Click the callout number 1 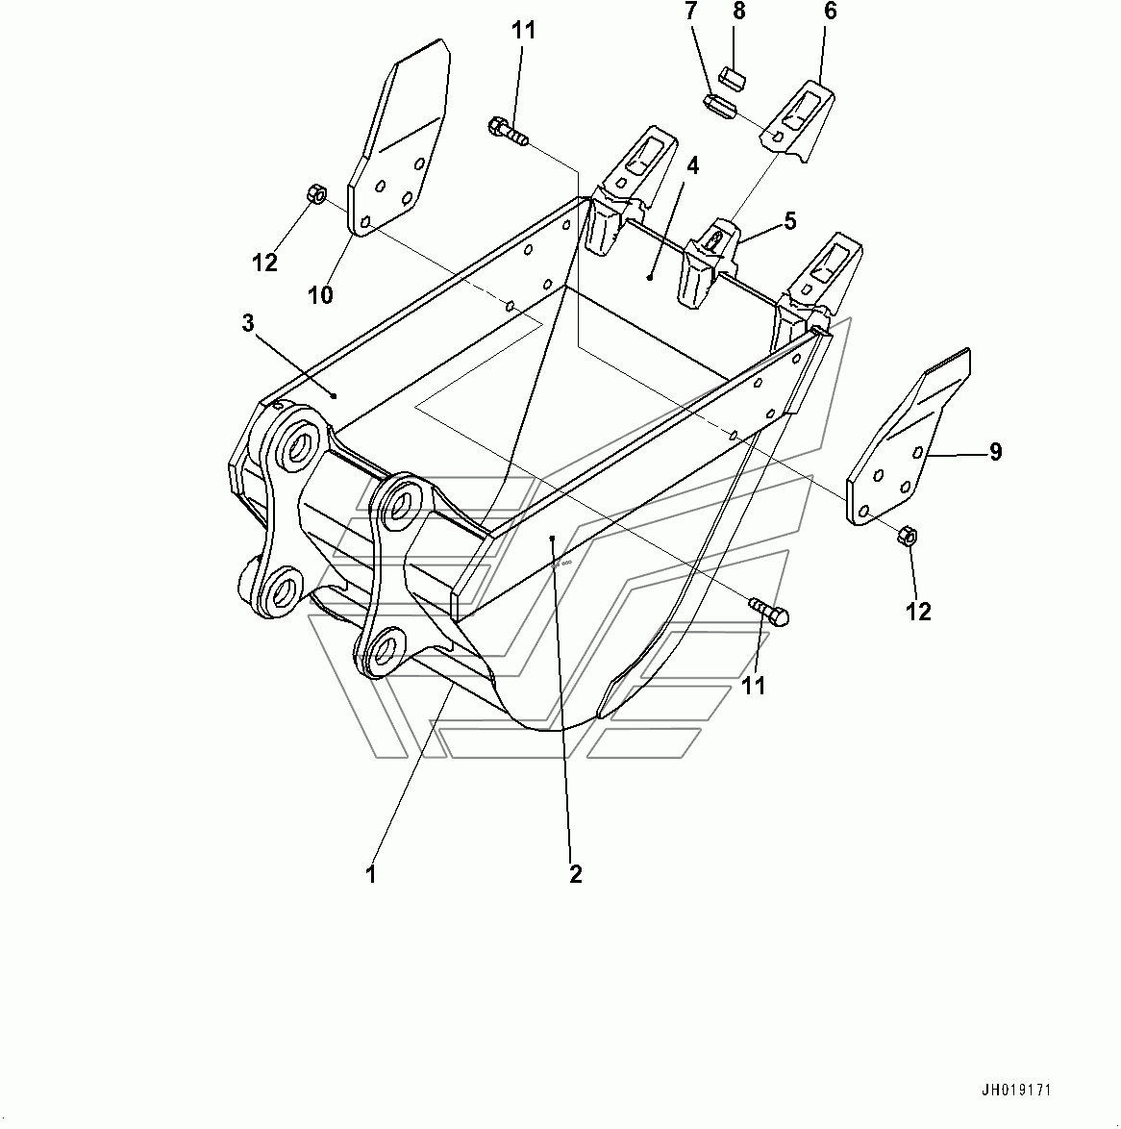coord(371,875)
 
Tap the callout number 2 coord(575,874)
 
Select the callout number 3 coord(248,323)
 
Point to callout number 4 coord(692,166)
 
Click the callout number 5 coord(790,220)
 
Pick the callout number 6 coord(830,11)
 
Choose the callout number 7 coord(691,11)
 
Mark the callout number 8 coord(738,11)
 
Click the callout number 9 coord(995,451)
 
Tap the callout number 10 coord(321,293)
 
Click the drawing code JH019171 coord(1016,1091)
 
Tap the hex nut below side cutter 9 coord(907,536)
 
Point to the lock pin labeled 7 coord(718,108)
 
